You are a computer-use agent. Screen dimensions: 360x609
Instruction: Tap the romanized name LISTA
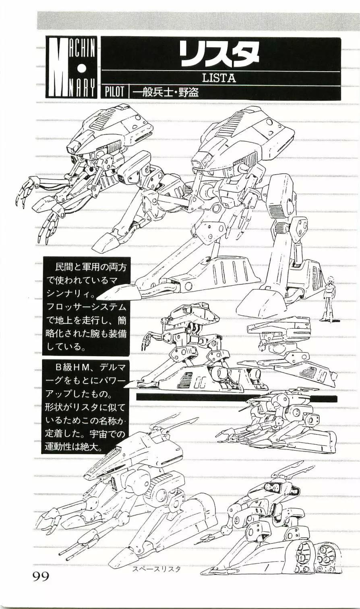219,78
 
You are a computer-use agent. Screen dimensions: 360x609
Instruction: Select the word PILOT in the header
114,92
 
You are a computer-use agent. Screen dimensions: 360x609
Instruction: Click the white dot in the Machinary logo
81,67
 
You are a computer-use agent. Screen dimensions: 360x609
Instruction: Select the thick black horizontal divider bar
236,397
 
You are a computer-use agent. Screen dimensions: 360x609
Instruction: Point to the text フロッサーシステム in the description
87,307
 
